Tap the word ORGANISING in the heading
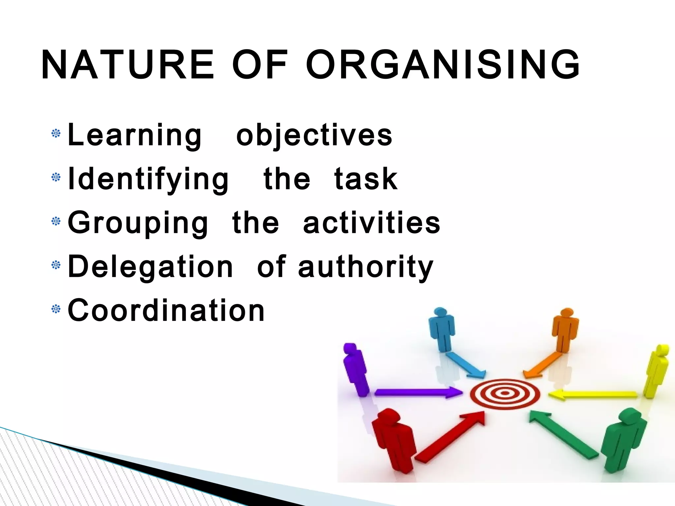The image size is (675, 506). click(443, 65)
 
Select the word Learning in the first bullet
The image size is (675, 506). click(134, 135)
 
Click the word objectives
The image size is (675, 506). click(314, 135)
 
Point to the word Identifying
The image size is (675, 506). click(148, 179)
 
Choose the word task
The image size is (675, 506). click(366, 179)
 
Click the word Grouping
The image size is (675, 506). click(138, 223)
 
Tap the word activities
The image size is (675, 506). click(371, 223)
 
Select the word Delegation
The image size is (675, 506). click(150, 267)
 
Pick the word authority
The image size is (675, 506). click(366, 267)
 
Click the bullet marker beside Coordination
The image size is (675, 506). click(56, 309)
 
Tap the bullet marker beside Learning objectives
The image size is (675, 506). click(56, 133)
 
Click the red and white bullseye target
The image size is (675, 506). click(505, 393)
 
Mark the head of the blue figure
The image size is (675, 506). click(440, 312)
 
